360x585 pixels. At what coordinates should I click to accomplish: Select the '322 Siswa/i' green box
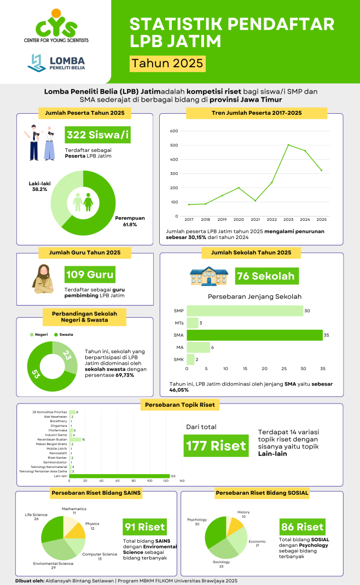(x=97, y=135)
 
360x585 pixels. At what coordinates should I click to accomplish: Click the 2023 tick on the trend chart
(x=288, y=219)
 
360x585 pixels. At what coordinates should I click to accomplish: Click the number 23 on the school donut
(x=67, y=355)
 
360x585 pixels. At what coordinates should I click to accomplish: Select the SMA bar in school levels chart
(x=254, y=335)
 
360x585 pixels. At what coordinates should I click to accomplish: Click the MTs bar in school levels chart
(x=193, y=323)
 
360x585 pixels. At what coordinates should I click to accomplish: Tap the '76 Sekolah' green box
(x=266, y=276)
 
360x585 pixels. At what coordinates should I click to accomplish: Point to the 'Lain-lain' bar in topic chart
(x=119, y=476)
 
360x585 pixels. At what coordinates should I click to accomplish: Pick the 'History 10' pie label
(x=243, y=514)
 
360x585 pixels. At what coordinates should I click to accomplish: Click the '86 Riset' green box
(x=302, y=527)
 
